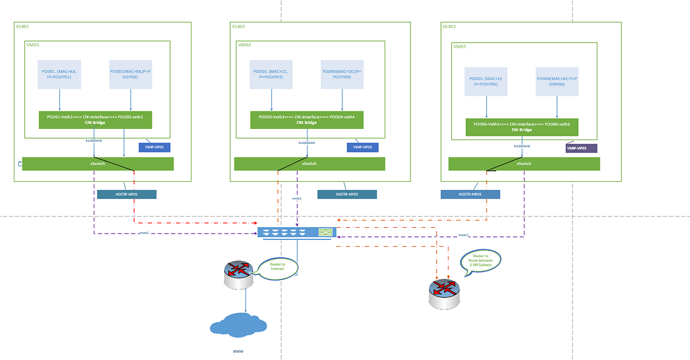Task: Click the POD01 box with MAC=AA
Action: [x=59, y=74]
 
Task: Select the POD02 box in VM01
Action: [x=131, y=74]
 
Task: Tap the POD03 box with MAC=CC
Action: [x=271, y=74]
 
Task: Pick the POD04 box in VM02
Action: [x=343, y=74]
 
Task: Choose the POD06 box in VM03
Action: [x=557, y=81]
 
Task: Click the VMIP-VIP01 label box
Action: [x=155, y=147]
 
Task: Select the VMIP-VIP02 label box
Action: [x=362, y=147]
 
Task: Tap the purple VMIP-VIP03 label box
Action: [x=581, y=148]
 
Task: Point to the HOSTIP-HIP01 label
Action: [x=126, y=194]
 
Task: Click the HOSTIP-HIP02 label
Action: [x=347, y=194]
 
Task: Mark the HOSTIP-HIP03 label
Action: [x=470, y=194]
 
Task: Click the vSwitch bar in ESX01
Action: [x=98, y=164]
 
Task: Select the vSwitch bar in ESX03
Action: [x=524, y=164]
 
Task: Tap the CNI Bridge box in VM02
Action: [x=306, y=120]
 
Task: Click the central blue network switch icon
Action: [x=297, y=232]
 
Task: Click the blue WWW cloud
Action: [x=237, y=325]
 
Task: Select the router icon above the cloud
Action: [x=238, y=277]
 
